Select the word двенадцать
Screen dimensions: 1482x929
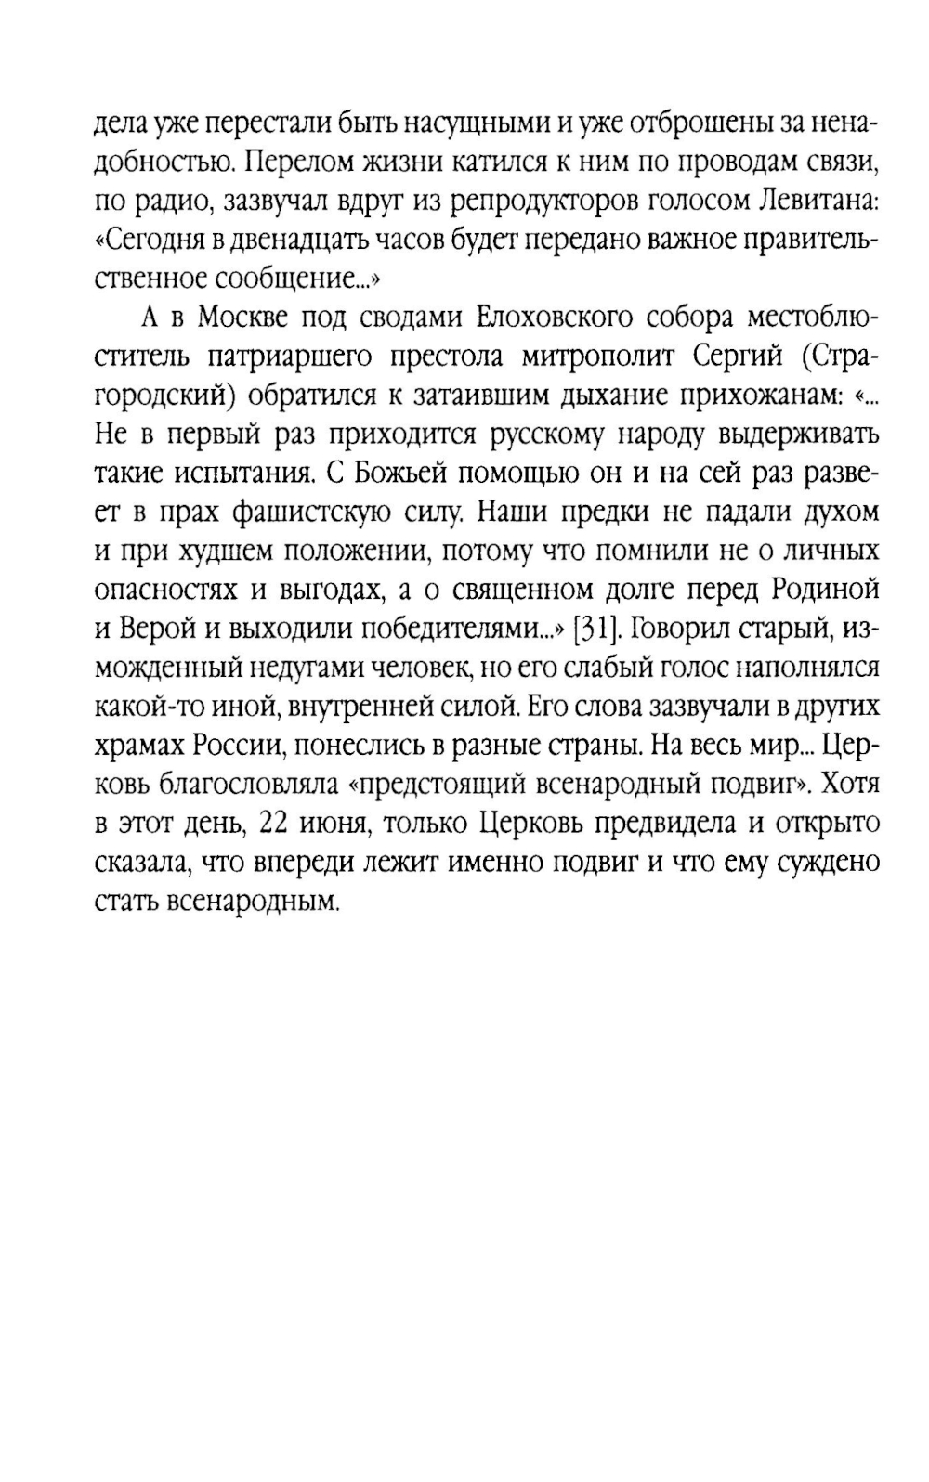pos(295,240)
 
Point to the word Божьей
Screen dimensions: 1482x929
pos(399,474)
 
